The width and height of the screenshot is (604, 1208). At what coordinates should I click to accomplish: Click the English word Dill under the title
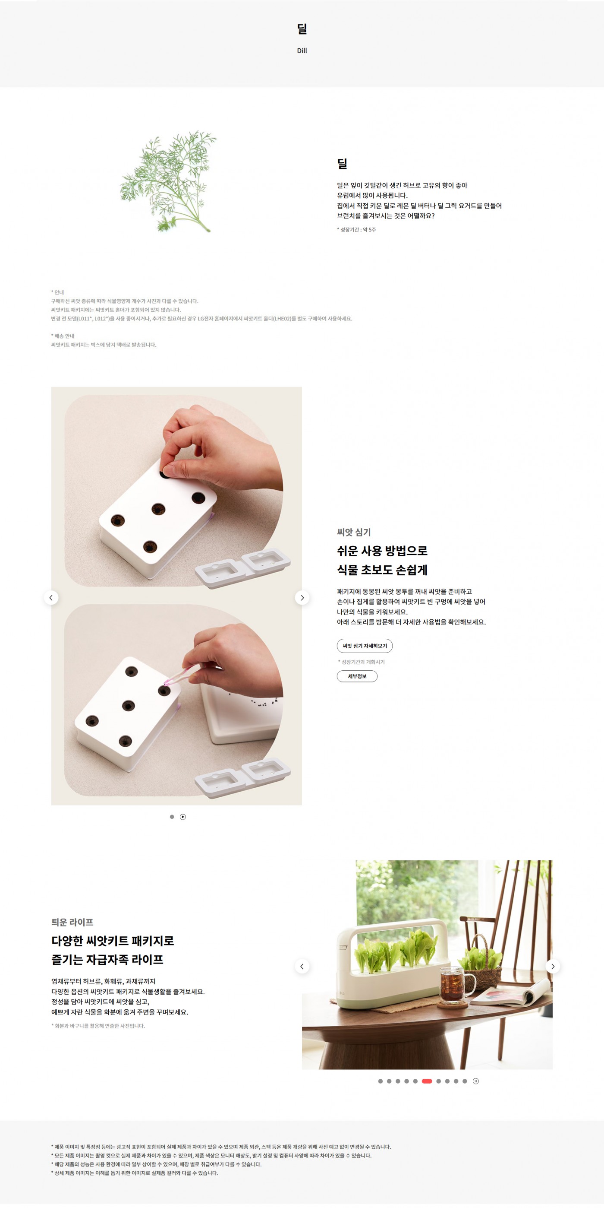302,51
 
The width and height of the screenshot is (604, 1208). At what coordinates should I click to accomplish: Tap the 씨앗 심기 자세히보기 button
365,646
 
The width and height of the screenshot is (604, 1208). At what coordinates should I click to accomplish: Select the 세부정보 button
357,676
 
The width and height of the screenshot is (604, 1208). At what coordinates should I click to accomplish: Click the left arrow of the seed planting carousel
51,597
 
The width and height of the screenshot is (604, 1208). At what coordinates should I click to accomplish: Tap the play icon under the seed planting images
183,817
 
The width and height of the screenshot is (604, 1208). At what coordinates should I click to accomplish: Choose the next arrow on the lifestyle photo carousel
553,966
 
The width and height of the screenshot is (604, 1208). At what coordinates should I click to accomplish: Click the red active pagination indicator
427,1081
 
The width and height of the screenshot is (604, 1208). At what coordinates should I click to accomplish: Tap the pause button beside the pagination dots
475,1081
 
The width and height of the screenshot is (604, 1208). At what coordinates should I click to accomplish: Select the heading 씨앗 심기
354,532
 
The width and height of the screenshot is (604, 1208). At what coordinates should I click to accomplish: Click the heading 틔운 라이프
72,922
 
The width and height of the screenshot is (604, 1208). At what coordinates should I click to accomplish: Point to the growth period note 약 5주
369,229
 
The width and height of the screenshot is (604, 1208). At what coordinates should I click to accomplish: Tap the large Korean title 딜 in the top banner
302,29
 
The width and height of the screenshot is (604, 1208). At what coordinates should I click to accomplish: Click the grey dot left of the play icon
172,817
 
